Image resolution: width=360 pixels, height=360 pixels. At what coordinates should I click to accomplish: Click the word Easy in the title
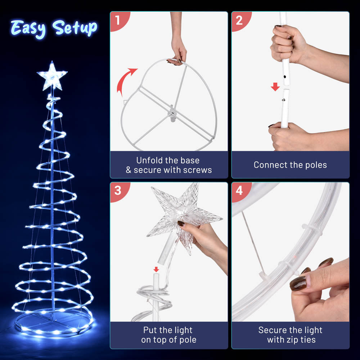[28, 29]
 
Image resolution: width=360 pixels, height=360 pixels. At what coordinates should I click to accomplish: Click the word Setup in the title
[75, 28]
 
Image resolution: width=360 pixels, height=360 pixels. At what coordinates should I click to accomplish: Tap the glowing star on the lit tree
[52, 76]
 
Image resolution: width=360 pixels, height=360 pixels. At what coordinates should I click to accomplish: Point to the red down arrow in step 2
[275, 87]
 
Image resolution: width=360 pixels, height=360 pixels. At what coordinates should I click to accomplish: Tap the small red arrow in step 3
[156, 269]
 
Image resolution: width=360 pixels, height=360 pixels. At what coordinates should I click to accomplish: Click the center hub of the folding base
[172, 113]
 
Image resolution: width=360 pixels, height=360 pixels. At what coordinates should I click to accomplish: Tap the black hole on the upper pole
[285, 77]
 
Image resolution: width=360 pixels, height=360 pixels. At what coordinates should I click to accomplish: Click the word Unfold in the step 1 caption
[148, 160]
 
